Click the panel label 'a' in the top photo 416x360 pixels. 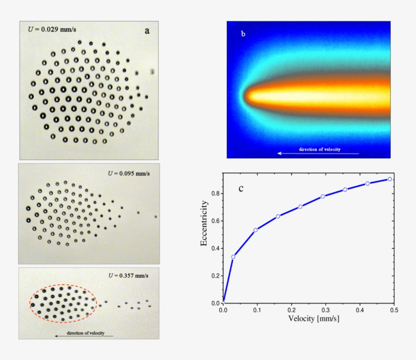[x=147, y=31]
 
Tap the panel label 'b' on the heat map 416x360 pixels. [x=243, y=34]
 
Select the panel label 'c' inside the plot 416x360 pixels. [x=241, y=189]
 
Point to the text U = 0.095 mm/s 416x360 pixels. [x=129, y=173]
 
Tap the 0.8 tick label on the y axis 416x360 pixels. [x=215, y=193]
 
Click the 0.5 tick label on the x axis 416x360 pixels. [x=393, y=310]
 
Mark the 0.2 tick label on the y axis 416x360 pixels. [x=215, y=276]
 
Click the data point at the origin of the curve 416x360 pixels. [x=223, y=303]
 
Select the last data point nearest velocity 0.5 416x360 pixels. [x=390, y=179]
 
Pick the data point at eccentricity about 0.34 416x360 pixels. [x=233, y=257]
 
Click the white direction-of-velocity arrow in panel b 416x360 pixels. [x=318, y=153]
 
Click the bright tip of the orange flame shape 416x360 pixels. [x=249, y=95]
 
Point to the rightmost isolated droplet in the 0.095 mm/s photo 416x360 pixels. [x=156, y=217]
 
